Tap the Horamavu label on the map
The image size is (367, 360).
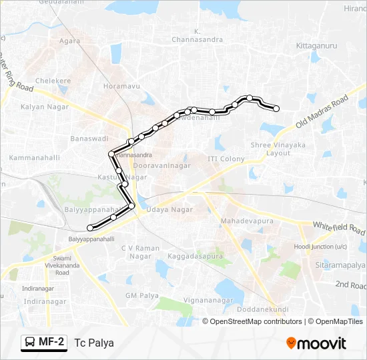(121, 87)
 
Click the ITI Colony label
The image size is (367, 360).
(226, 159)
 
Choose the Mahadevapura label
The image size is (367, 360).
(243, 219)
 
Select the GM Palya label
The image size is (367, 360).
(141, 295)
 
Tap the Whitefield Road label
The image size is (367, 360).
(339, 228)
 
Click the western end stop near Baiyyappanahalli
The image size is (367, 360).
(90, 229)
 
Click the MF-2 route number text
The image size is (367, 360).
(52, 343)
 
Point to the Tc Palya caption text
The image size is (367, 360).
(94, 343)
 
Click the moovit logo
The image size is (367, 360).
(316, 343)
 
